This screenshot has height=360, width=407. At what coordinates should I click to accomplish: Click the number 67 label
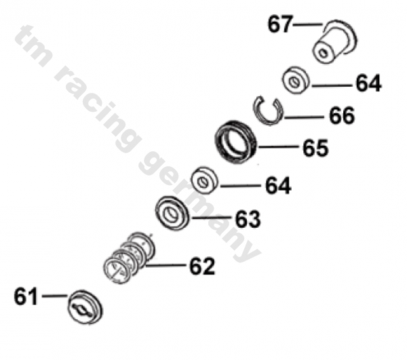279,25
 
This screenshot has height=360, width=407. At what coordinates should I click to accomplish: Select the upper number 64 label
368,84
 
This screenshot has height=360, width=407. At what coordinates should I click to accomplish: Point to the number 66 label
341,116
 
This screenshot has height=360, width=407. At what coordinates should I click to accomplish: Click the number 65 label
315,148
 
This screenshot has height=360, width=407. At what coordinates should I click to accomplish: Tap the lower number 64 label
278,185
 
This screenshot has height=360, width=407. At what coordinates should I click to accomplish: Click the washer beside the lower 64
204,180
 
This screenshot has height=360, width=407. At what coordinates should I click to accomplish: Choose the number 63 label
248,220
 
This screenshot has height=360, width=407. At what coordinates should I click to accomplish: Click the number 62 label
201,266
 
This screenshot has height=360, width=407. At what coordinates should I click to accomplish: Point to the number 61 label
26,296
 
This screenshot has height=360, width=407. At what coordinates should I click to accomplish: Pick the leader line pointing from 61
54,296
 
